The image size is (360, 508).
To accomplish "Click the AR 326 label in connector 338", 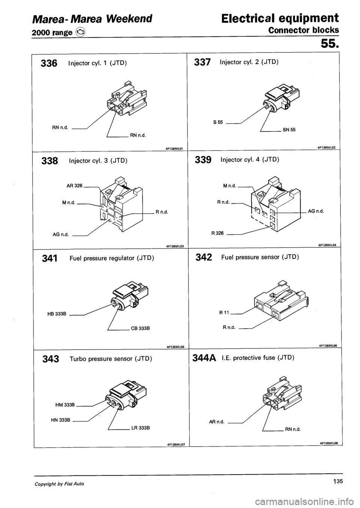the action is [x=74, y=185].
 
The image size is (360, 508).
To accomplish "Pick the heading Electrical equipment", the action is [x=280, y=18].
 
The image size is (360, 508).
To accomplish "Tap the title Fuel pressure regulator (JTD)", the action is [x=112, y=258].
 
